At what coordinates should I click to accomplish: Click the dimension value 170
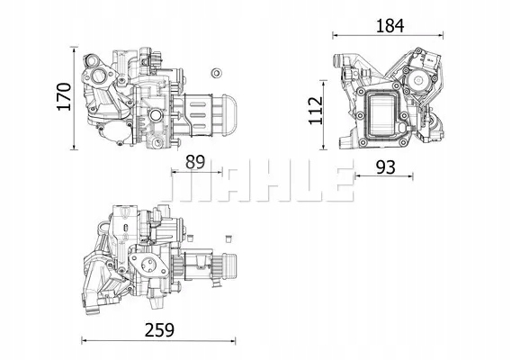pos(64,97)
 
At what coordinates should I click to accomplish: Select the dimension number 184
pos(390,26)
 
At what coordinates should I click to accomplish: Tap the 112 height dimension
pos(316,111)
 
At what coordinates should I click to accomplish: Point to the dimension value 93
pos(386,167)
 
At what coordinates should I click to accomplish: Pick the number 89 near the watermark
pos(195,162)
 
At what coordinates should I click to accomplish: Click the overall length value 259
pos(160,330)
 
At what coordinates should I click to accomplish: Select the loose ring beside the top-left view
pos(216,73)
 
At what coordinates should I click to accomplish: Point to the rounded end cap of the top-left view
pos(229,115)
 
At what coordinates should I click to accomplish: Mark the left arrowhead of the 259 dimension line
pos(84,341)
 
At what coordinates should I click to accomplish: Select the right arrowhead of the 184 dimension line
pos(441,35)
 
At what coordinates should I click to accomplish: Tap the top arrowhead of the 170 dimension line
pos(75,49)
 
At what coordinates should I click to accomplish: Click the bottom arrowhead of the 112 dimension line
pos(323,148)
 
